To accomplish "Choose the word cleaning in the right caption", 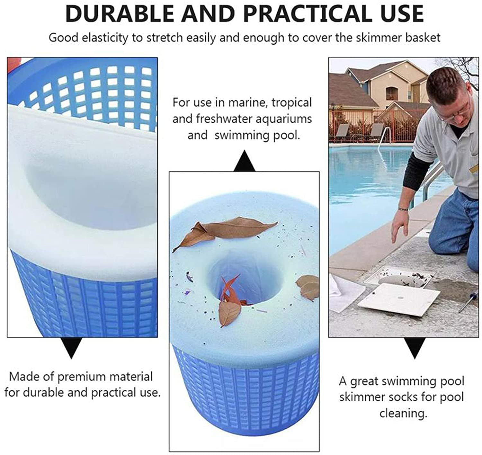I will [x=403, y=413].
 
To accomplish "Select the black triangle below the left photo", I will [x=71, y=347].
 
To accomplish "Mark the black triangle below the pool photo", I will [x=415, y=347].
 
